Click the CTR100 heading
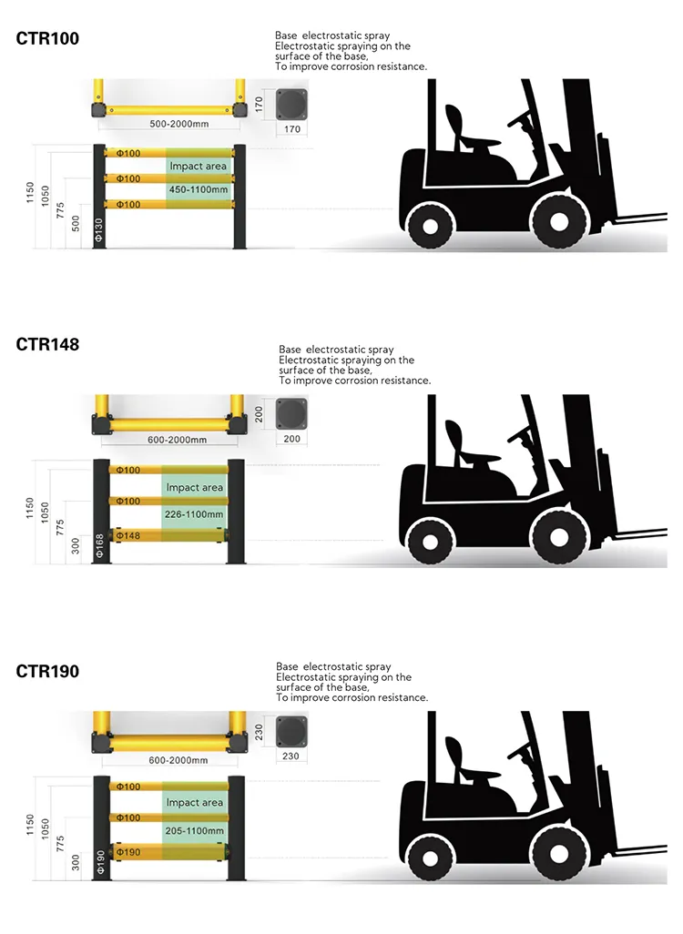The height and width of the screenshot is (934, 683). tap(47, 39)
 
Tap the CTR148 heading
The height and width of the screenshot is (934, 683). tap(47, 344)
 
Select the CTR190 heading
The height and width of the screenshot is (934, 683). tap(47, 671)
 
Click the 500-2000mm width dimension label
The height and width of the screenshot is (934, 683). tap(178, 124)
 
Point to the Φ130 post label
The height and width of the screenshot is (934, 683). tap(99, 229)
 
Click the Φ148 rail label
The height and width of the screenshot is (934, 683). tap(128, 535)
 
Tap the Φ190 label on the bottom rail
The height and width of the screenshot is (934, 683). tap(128, 852)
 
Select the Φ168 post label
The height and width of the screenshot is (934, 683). tap(99, 545)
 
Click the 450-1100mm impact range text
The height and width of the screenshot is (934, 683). tap(199, 190)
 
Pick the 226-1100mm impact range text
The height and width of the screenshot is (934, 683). tap(194, 514)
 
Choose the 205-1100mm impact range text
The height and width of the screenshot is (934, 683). tap(194, 830)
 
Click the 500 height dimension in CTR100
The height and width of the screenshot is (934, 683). tap(76, 224)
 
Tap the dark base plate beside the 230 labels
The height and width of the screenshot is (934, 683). tap(291, 731)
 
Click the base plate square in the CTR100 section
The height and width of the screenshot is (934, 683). tap(292, 105)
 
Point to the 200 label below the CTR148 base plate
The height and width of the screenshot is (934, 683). tap(292, 439)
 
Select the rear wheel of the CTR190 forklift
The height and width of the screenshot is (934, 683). tap(430, 858)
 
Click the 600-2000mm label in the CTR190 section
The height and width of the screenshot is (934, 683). tap(178, 761)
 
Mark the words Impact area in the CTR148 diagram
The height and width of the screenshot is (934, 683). tap(194, 487)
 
